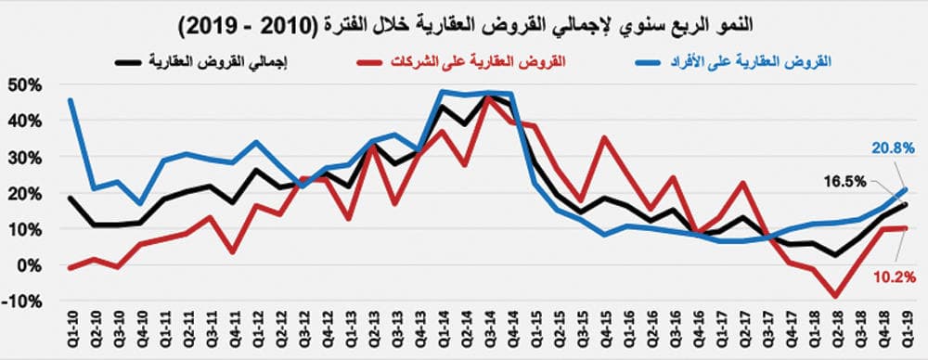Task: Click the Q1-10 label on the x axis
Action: [x=72, y=330]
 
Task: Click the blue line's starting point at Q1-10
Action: [x=71, y=100]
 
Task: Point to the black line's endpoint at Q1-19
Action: [x=906, y=205]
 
